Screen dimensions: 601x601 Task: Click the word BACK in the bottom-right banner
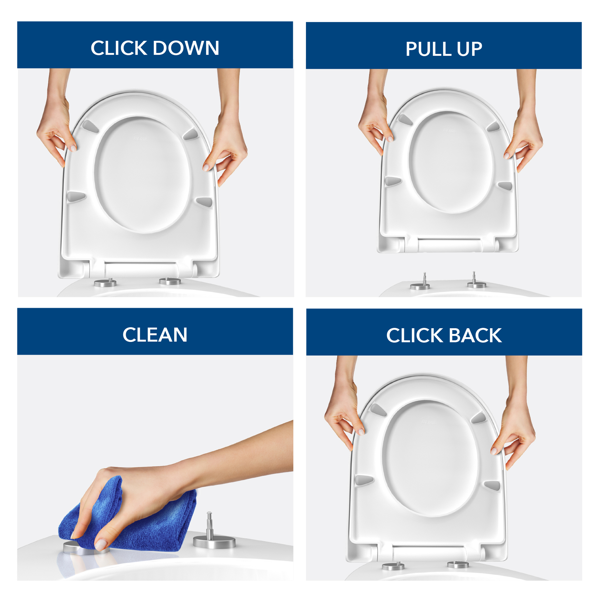point(475,335)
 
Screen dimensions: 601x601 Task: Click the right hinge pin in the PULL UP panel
point(474,278)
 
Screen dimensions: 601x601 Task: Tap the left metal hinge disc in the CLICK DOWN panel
point(105,283)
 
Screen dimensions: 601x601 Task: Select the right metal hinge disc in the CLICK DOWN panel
point(170,281)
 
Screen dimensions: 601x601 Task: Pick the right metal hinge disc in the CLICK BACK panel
point(458,564)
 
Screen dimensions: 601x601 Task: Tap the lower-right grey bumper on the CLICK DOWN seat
point(205,202)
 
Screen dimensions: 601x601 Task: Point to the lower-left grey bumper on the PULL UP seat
point(392,181)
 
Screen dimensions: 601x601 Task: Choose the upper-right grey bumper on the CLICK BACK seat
point(478,418)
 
